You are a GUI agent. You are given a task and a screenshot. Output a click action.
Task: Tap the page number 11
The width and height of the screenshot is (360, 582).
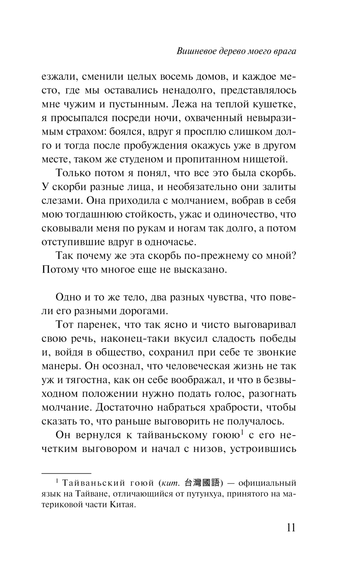pos(291,528)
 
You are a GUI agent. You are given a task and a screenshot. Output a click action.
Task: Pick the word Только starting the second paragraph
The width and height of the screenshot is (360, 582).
pos(73,174)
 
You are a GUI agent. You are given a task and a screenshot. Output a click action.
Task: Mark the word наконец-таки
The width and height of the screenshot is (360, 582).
pos(138,339)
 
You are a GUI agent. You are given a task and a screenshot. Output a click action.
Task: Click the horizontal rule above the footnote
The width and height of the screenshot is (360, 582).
pos(67,472)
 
